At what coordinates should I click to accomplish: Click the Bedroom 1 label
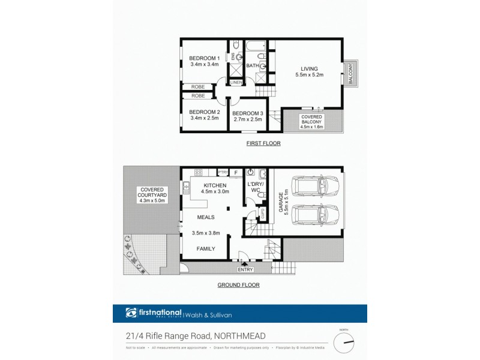pos(204,58)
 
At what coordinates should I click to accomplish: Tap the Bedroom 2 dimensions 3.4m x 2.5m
pos(204,118)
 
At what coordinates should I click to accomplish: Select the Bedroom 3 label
pos(247,113)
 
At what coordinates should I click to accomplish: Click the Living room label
pos(310,68)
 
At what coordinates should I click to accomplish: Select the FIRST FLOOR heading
pos(263,144)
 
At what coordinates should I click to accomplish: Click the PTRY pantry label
pos(221,172)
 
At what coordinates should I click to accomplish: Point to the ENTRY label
pos(245,269)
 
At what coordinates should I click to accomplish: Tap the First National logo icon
pos(131,313)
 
